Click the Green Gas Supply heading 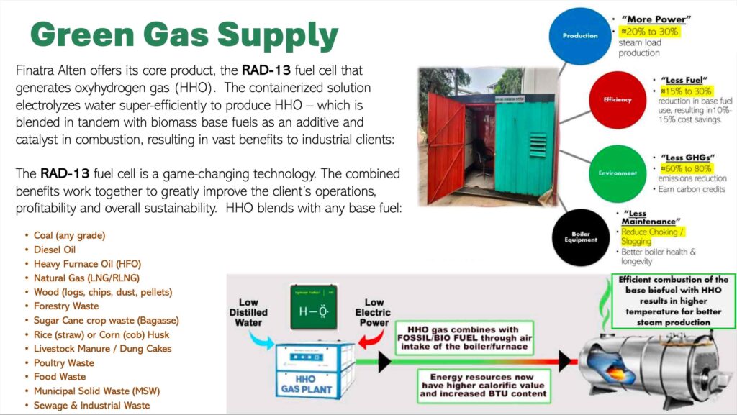184,34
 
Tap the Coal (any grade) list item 69,235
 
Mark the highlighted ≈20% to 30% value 649,32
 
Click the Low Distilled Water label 248,311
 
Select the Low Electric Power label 374,313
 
